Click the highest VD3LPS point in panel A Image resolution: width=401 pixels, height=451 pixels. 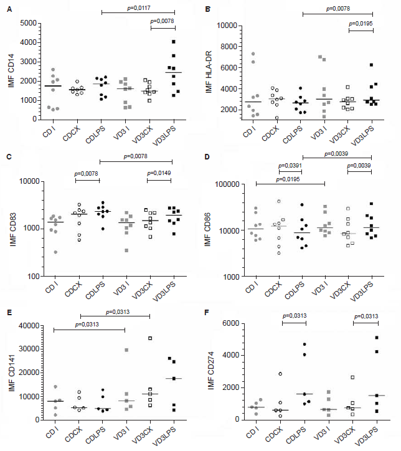tap(174, 42)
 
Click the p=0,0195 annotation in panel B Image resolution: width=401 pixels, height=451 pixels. tap(361, 23)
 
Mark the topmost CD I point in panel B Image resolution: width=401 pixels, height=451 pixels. tap(253, 54)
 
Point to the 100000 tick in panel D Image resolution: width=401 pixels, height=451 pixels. tap(232, 184)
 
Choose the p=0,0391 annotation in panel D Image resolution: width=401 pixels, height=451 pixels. tap(291, 165)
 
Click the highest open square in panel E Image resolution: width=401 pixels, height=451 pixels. tap(150, 338)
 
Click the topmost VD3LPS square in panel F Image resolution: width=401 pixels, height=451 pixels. tap(377, 338)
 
